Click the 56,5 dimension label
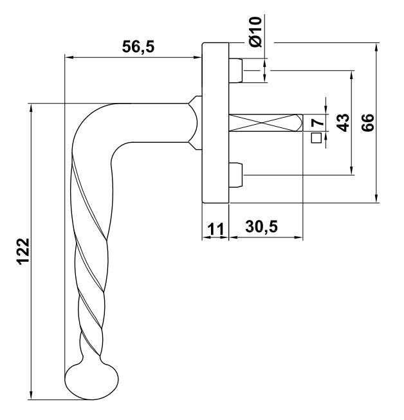138,46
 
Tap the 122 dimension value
24,251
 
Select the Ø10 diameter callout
255,32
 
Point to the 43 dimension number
343,123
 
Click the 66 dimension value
367,122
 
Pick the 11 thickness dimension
216,229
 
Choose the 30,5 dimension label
262,227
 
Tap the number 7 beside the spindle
318,123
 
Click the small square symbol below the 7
317,138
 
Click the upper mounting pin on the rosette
235,71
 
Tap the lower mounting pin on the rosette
235,175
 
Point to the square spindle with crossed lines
266,123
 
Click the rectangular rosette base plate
216,123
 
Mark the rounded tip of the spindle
300,123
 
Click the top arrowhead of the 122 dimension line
32,109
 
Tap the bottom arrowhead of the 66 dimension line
377,197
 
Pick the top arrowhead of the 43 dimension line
352,76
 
